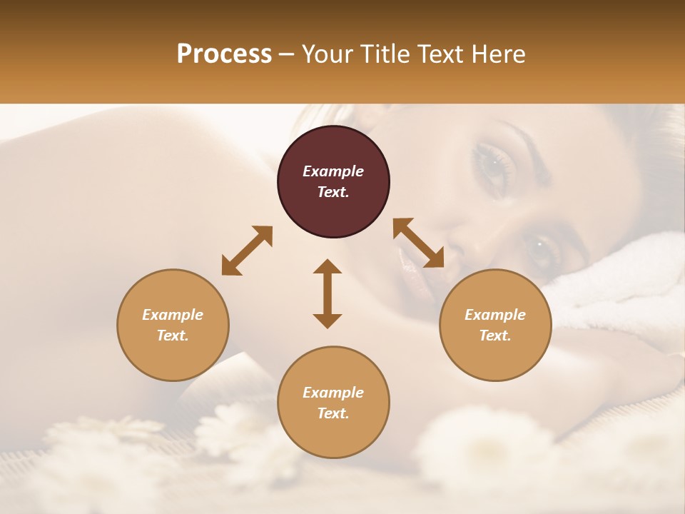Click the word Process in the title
pos(224,54)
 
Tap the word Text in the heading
pos(437,54)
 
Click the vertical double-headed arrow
pos(328,293)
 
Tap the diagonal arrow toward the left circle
pos(247,250)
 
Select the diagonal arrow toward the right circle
pos(418,243)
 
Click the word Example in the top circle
pos(333,171)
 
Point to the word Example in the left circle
pos(173,315)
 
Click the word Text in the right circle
pos(495,336)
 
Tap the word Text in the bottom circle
pos(333,413)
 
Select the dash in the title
pos(286,55)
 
